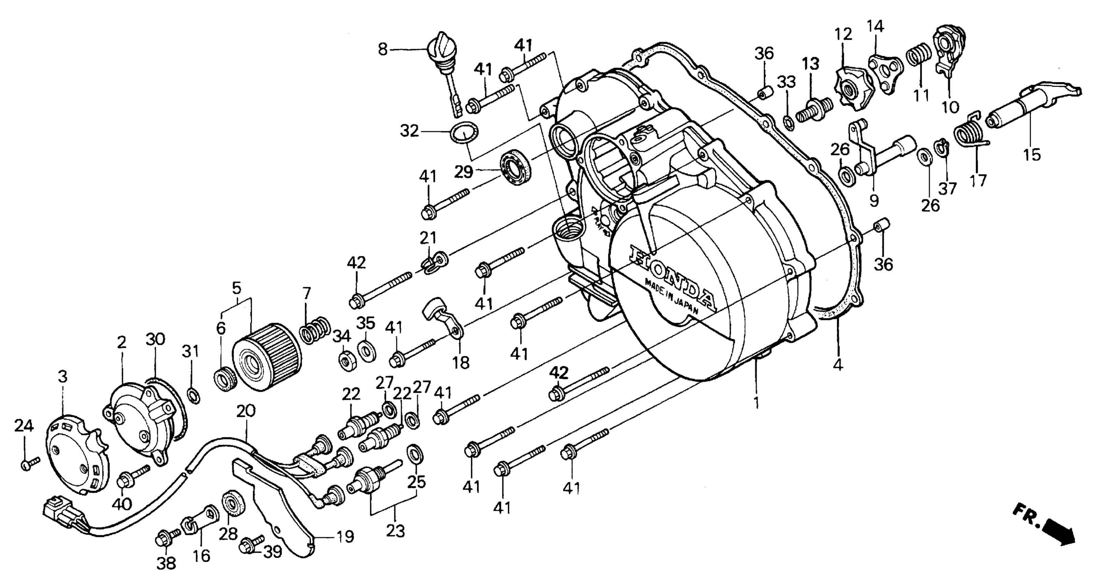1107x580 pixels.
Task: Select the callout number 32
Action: coord(409,131)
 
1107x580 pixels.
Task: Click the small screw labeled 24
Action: coord(29,463)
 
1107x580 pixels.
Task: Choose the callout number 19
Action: coord(345,536)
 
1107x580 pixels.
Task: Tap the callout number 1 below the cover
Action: coord(756,403)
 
